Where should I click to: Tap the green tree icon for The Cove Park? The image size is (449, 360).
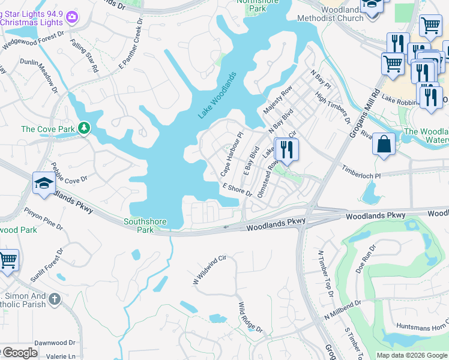coord(85,128)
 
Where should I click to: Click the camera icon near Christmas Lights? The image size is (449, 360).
coord(73,17)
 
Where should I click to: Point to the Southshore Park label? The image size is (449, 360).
coord(145,225)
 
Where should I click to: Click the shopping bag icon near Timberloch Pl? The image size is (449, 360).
coord(384,145)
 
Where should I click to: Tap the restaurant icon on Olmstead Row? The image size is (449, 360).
coord(286,149)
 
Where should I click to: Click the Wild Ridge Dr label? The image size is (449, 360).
coord(250,317)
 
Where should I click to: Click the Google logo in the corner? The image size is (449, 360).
coord(19,353)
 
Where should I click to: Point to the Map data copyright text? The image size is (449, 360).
coord(412,355)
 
